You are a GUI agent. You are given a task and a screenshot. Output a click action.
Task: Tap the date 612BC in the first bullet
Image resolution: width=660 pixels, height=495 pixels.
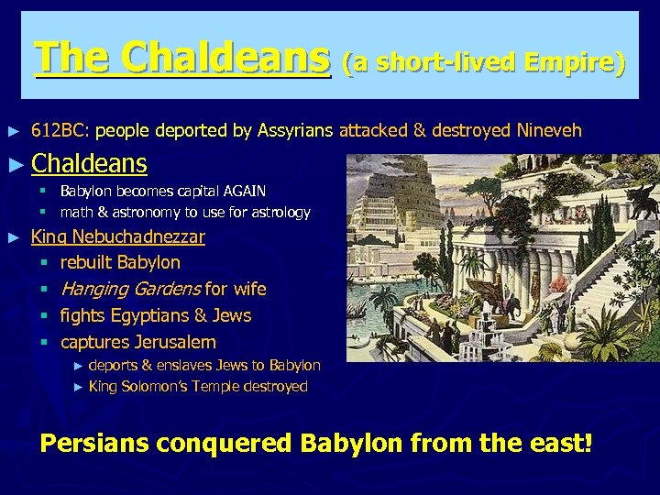pyautogui.click(x=59, y=130)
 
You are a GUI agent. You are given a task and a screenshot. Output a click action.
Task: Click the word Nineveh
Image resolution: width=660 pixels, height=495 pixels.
pyautogui.click(x=549, y=130)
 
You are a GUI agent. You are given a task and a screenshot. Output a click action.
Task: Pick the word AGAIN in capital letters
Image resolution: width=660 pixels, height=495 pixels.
pyautogui.click(x=240, y=191)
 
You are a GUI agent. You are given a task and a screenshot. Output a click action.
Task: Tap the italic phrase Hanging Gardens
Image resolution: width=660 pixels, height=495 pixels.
pyautogui.click(x=130, y=289)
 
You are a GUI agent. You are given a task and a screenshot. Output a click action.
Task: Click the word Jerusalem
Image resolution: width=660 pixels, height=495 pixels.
pyautogui.click(x=174, y=342)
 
